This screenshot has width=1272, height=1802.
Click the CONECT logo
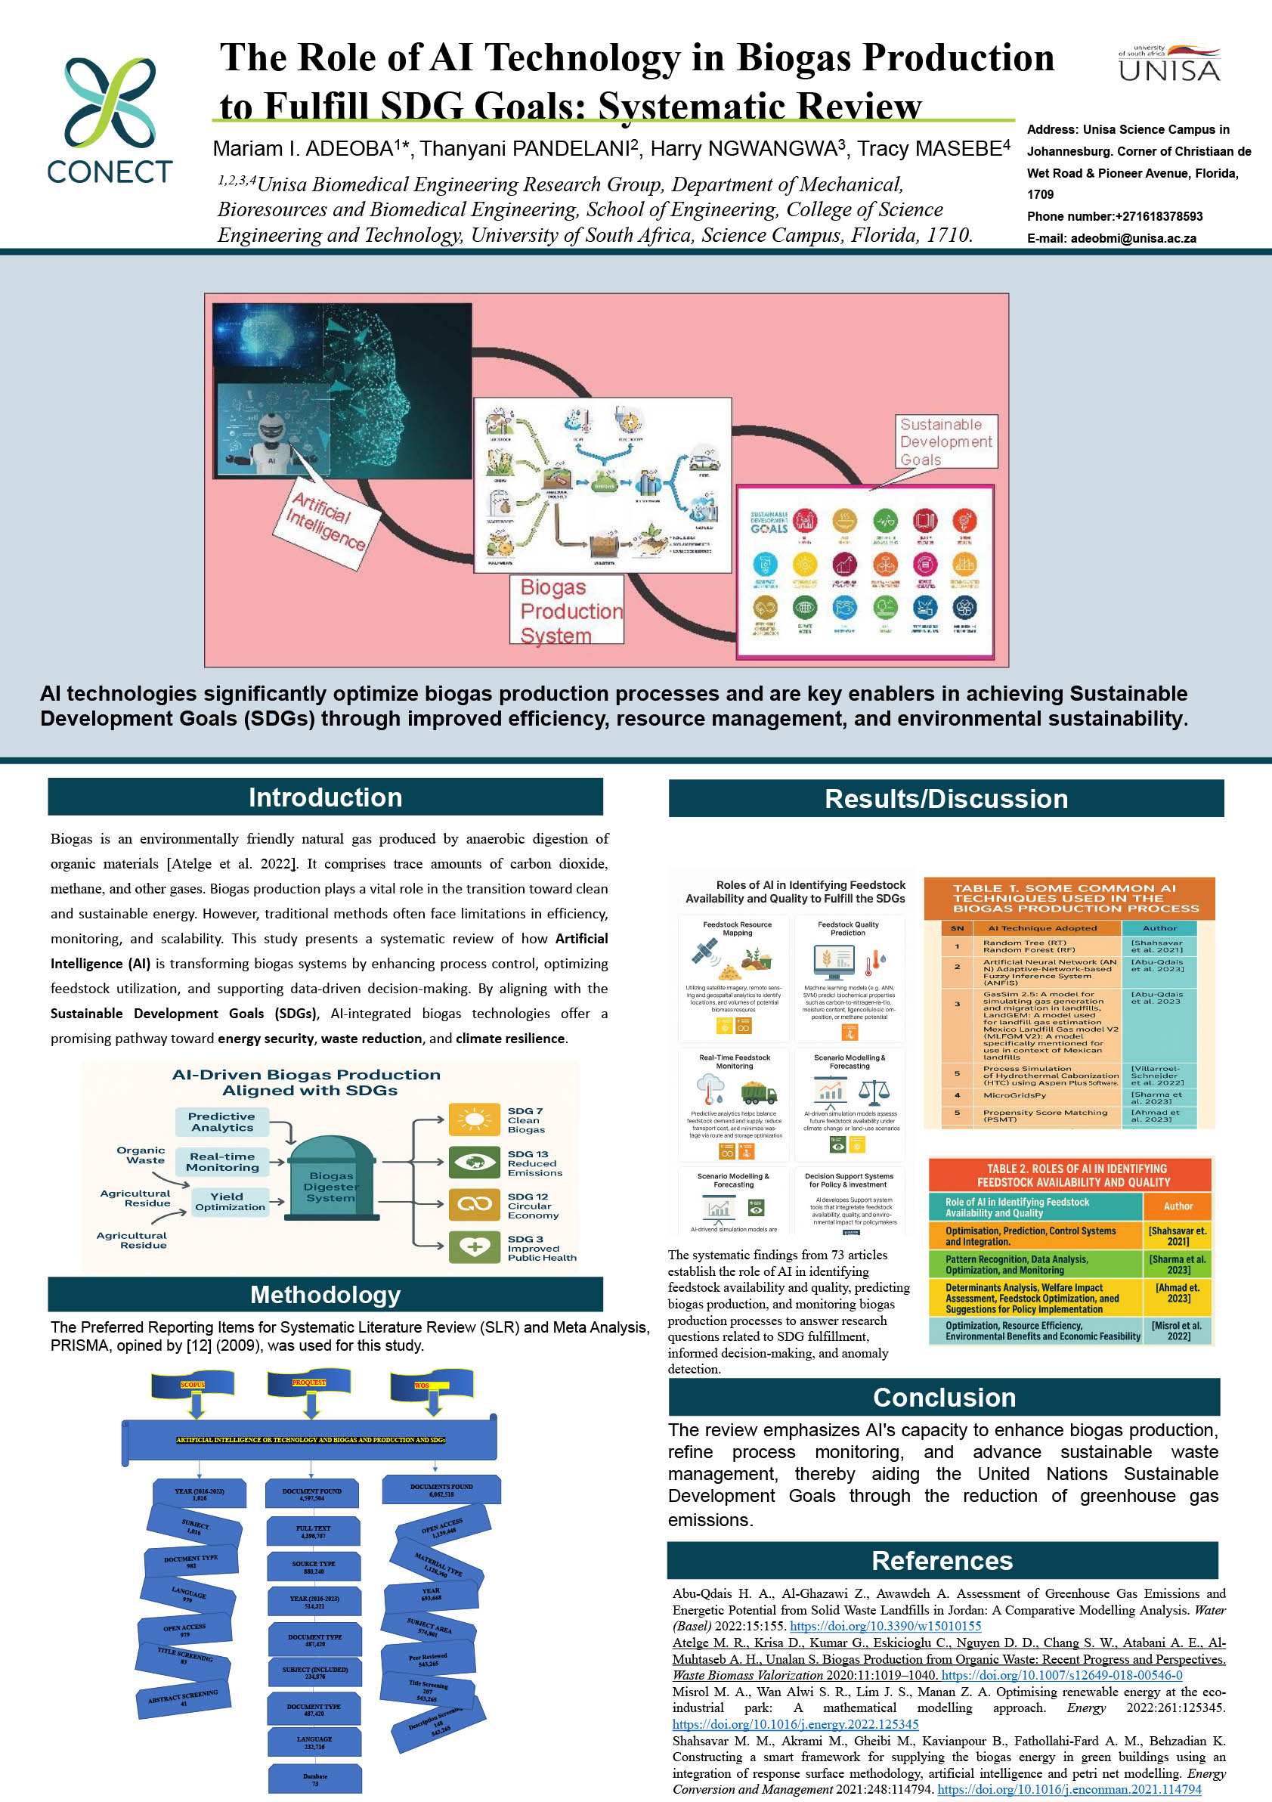110,120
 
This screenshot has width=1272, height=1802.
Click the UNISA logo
1168,64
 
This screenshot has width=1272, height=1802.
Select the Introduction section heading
325,797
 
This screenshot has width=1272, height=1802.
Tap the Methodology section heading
325,1294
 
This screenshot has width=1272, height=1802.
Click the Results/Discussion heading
945,799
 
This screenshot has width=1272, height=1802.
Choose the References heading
942,1560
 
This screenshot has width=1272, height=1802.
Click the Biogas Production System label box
567,610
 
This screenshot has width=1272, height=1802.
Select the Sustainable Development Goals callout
945,441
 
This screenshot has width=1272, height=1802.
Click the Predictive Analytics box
222,1122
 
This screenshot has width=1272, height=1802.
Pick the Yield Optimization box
230,1202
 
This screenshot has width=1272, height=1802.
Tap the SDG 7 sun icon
474,1119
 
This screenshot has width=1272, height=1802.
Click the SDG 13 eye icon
474,1163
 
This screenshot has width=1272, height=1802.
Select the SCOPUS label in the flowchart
193,1385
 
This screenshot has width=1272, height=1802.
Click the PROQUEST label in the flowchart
309,1382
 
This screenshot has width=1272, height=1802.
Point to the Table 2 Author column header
1177,1206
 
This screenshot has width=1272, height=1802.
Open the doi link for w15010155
885,1626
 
